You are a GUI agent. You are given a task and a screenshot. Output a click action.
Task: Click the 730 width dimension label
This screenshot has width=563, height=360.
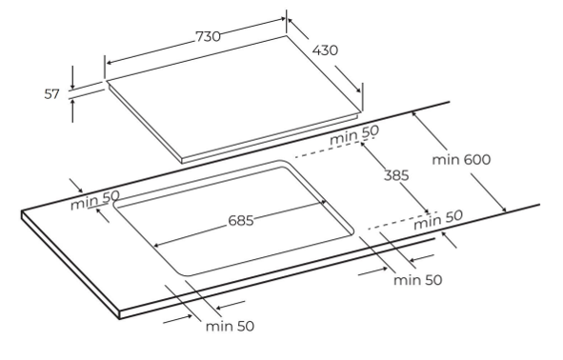coord(208,36)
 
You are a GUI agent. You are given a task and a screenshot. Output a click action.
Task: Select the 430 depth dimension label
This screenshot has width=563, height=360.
coord(325,50)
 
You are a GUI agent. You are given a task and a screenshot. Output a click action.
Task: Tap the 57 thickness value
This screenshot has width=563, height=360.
coord(51,94)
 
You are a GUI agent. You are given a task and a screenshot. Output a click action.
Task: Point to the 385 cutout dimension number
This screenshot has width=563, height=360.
coord(396,175)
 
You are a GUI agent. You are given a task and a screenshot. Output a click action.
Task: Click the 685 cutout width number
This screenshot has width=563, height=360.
coord(241,220)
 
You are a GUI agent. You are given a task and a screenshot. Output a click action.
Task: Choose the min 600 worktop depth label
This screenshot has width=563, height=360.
coord(461,159)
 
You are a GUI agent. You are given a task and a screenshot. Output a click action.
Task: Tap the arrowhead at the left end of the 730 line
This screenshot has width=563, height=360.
coord(110,63)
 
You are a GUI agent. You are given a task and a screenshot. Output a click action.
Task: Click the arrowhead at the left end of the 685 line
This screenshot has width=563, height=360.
coord(156,246)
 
